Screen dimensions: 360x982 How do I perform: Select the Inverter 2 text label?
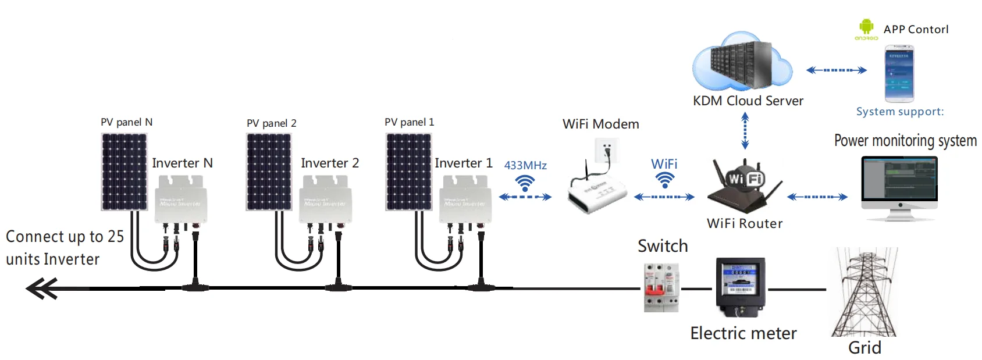click(x=330, y=163)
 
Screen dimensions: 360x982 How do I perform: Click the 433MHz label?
click(x=525, y=166)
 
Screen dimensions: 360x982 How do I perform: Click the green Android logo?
click(x=866, y=27)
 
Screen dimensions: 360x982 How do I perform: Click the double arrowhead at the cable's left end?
click(x=42, y=288)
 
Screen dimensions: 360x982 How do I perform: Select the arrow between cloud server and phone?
click(x=836, y=70)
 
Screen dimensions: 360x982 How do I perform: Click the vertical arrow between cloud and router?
click(x=745, y=131)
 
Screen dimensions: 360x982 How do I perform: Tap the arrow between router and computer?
click(x=817, y=197)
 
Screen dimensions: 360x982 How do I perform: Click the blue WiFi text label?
click(x=664, y=164)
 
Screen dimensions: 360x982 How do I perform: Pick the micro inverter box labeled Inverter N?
click(x=180, y=201)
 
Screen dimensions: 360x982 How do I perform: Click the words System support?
click(x=899, y=112)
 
